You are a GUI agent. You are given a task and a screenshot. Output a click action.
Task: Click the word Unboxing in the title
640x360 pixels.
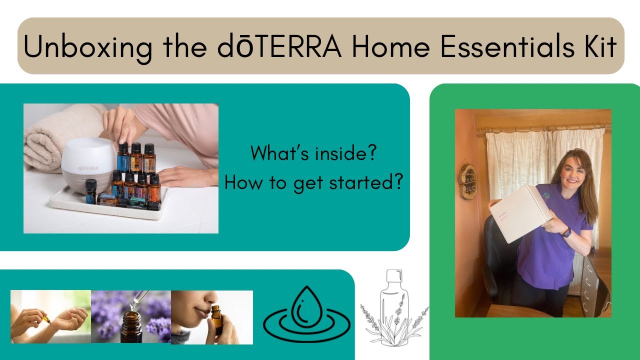click(x=88, y=47)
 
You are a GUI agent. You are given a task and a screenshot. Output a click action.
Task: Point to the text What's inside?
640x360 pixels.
click(x=313, y=153)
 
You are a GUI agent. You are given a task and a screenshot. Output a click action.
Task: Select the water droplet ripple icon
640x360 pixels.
click(x=306, y=314)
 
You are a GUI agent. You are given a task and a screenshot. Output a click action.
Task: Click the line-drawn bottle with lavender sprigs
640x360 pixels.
click(x=394, y=308)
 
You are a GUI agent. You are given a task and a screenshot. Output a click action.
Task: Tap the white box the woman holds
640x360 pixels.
click(x=520, y=213)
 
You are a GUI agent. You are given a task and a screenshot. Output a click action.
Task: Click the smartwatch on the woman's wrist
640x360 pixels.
click(x=566, y=232)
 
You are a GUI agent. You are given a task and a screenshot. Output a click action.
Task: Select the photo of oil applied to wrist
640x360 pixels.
click(x=51, y=316)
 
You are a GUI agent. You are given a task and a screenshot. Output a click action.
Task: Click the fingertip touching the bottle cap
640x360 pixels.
click(x=123, y=141)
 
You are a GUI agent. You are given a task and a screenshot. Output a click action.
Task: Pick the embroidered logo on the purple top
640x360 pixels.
click(x=547, y=197)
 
